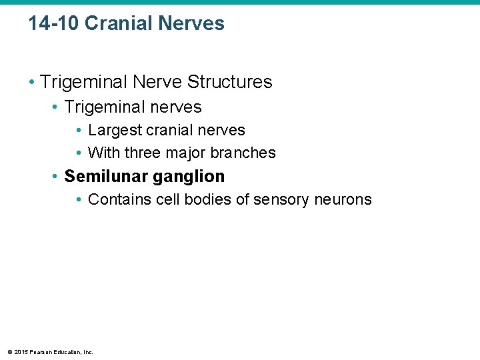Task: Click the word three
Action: click(142, 153)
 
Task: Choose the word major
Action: click(186, 153)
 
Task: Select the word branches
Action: click(243, 153)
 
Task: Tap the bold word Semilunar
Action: click(106, 177)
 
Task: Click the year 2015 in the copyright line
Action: click(19, 352)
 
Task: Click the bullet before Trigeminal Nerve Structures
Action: click(32, 82)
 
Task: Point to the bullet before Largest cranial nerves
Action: click(79, 130)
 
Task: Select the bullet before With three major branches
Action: click(79, 153)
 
